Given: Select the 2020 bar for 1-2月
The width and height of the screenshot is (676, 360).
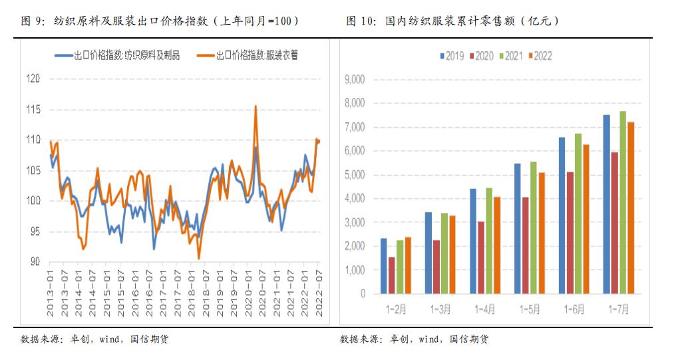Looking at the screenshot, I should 392,275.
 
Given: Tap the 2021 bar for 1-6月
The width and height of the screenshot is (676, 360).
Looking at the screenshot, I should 578,214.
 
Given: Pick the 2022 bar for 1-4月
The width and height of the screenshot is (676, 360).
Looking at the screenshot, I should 497,245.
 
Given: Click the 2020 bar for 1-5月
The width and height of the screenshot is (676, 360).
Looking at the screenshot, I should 526,245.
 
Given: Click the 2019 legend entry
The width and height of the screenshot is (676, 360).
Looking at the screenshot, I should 452,56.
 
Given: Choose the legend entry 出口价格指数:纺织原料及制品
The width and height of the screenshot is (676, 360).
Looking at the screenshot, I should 118,55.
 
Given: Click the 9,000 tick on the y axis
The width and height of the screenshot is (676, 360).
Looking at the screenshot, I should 353,79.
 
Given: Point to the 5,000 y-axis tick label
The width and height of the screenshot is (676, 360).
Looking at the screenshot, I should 353,175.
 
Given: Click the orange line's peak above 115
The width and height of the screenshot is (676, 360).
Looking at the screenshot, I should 255,106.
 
